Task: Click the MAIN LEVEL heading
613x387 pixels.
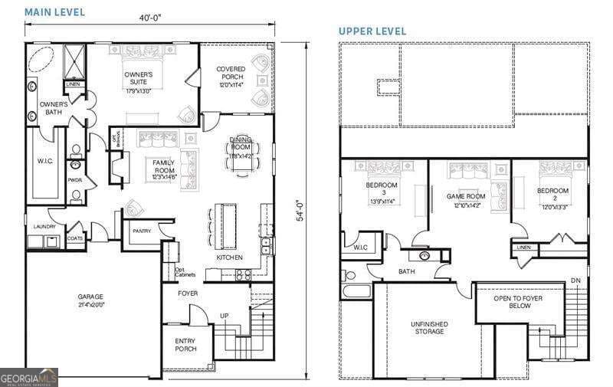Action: click(x=55, y=12)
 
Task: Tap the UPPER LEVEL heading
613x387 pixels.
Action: click(x=372, y=31)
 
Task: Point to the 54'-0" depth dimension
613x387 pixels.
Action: click(x=300, y=211)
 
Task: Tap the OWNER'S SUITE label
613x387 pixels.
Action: click(x=139, y=78)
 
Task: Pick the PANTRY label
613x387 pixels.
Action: click(x=142, y=231)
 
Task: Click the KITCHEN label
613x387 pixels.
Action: click(x=229, y=257)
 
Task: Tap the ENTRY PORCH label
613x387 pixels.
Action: click(x=185, y=345)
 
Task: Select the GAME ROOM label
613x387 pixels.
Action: click(x=466, y=197)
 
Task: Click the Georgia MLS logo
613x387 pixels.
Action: click(x=29, y=377)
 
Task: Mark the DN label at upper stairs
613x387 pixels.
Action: click(x=575, y=281)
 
